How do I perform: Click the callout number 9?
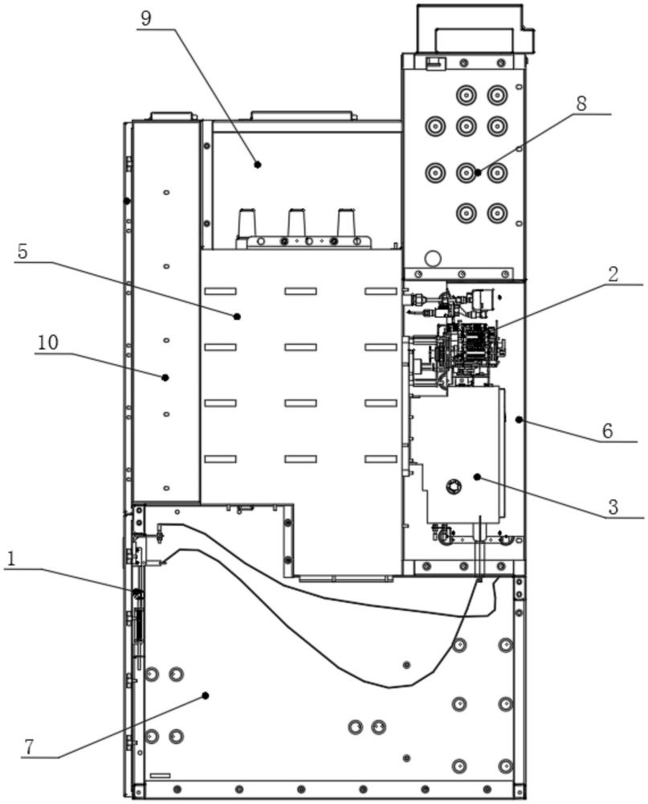tap(146, 18)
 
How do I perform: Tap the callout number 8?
tap(581, 103)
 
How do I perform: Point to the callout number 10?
tap(47, 342)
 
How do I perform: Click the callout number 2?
tap(613, 274)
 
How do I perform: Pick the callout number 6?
tap(607, 431)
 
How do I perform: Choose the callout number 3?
tap(613, 507)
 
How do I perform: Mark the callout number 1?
tap(11, 559)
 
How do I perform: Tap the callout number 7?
tap(28, 747)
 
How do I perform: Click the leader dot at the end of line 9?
tap(258, 165)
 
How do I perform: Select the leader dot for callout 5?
tap(237, 317)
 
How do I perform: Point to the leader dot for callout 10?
tap(165, 377)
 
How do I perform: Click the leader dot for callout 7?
tap(206, 695)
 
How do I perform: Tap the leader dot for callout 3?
tap(477, 478)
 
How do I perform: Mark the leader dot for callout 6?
tap(519, 420)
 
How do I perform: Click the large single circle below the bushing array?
tap(433, 258)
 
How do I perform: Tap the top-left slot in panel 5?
tap(220, 291)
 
